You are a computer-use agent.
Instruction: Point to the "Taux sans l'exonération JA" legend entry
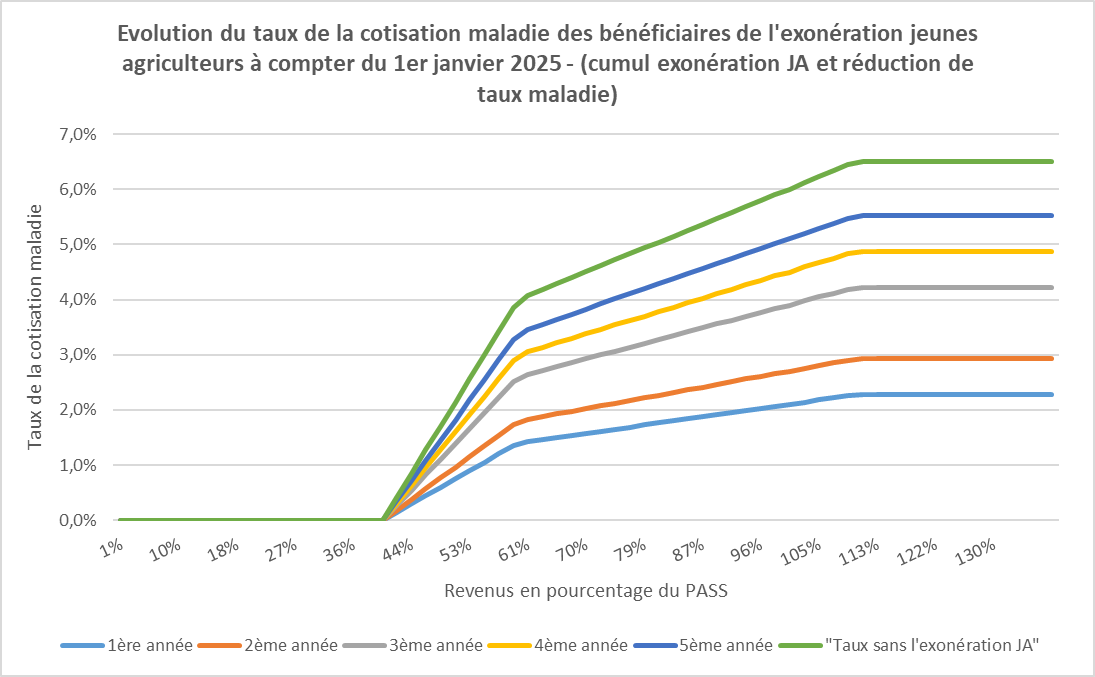click(x=930, y=645)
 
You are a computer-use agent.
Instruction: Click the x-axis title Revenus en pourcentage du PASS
click(x=586, y=590)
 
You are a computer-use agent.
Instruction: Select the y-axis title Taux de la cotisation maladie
click(x=35, y=327)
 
